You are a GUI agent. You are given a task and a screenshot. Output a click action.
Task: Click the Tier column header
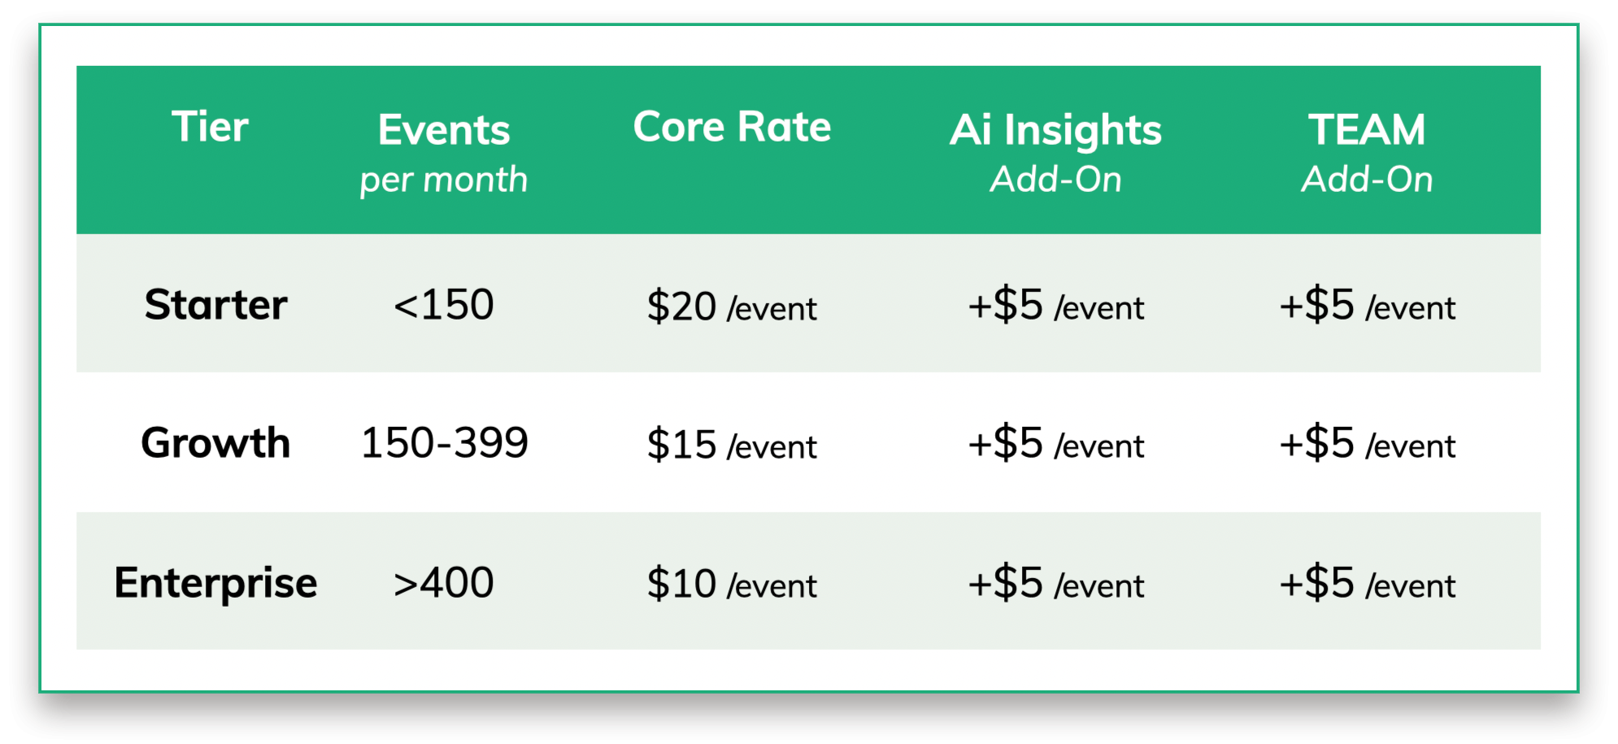210,127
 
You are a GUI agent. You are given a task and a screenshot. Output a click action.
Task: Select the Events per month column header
444,153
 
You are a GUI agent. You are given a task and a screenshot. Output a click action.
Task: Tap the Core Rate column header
732,127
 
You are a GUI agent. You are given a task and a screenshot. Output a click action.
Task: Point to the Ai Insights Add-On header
1055,153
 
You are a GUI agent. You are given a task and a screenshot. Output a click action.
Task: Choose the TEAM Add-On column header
1367,153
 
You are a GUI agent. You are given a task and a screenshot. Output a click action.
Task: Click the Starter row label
215,305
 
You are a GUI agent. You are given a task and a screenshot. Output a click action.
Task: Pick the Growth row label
215,443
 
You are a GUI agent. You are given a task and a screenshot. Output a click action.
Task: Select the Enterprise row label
215,583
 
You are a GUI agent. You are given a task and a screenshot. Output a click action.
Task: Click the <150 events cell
444,305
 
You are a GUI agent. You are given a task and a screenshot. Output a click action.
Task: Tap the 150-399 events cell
444,443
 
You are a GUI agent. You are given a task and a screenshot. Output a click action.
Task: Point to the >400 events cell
444,583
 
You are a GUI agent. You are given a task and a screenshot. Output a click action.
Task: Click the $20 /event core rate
732,307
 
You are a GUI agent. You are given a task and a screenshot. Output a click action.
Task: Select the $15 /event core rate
732,445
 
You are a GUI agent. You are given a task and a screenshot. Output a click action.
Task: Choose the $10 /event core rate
732,584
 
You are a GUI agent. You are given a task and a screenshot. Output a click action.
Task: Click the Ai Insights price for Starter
1055,305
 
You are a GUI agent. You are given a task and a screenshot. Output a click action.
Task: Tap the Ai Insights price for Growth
1055,443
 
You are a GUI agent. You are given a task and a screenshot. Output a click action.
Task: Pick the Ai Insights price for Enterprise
1055,583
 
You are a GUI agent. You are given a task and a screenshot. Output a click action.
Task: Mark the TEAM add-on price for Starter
1367,305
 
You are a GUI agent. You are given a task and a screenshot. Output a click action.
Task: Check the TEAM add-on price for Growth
1367,443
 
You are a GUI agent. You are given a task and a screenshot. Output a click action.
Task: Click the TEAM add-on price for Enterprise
1367,583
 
